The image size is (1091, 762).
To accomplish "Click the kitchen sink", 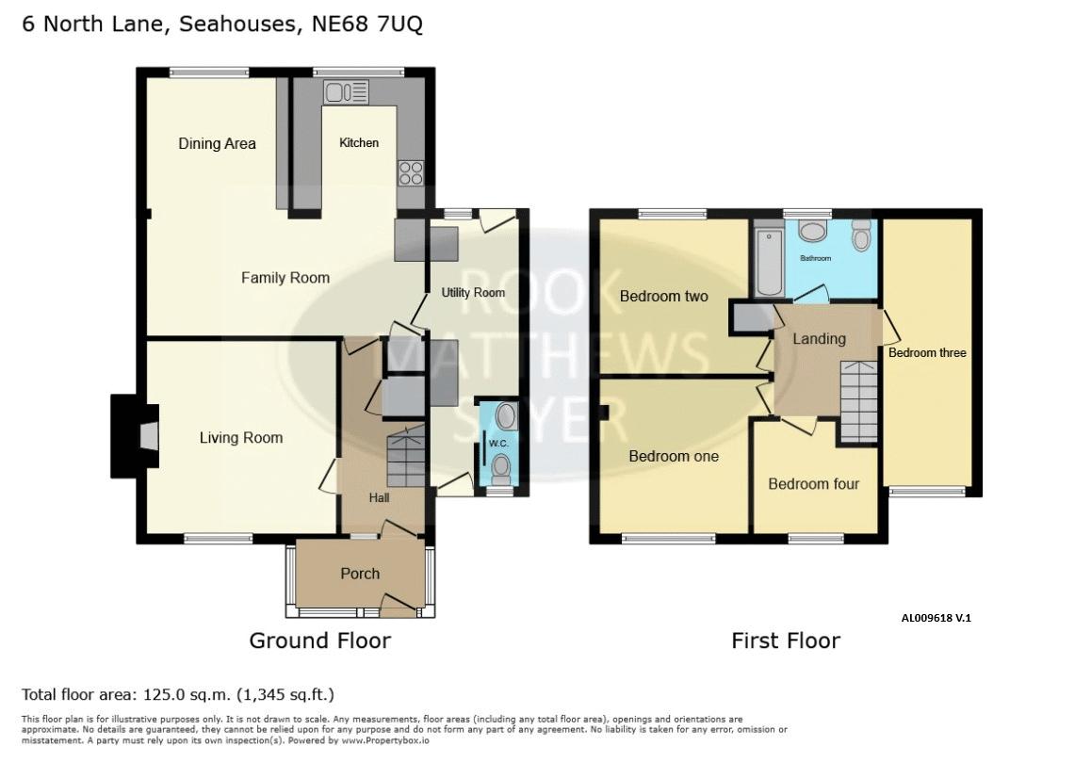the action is pos(346,92).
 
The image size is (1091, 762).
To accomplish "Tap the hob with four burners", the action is pos(411,173).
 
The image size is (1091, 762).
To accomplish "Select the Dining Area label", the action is pos(217,143).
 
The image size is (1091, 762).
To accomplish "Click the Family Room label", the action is pos(285,278).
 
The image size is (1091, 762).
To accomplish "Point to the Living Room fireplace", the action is pos(135,436).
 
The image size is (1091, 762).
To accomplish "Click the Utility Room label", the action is pos(473,292).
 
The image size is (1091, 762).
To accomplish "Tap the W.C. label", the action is pos(498,444).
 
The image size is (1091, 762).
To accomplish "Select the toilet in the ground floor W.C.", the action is pos(500,470).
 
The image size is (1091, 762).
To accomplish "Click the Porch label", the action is pos(360,574).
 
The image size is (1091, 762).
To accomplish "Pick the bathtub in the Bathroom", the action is pos(769,261).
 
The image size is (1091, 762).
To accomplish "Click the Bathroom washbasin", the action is pos(811,231).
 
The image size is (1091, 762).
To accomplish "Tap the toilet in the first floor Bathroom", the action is pos(861,235).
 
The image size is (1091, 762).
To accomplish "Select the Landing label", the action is pos(819,339).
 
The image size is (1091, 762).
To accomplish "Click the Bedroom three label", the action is pos(927,353).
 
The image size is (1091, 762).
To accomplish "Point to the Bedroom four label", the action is pos(813,483).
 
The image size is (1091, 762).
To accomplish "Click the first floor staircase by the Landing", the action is pos(858,402).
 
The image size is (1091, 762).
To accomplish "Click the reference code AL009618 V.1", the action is pos(936,617).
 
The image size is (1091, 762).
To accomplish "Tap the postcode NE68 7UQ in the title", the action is pos(366,24).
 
